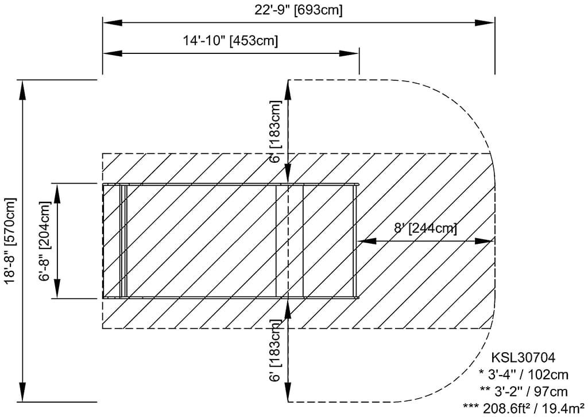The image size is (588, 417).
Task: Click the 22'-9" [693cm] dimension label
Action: (x=299, y=10)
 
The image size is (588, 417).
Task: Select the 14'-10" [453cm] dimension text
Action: (x=230, y=40)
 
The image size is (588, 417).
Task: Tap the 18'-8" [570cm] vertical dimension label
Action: (x=11, y=241)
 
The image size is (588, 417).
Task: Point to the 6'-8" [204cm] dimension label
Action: (x=45, y=241)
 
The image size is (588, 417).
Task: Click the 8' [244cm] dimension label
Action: (x=425, y=228)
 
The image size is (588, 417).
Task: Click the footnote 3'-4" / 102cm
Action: (x=524, y=375)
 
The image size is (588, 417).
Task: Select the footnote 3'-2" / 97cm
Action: (x=524, y=392)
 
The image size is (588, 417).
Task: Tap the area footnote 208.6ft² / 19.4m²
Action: (x=524, y=408)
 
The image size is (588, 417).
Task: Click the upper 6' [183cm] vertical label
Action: (x=275, y=131)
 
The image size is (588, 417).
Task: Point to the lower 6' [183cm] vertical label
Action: (x=275, y=350)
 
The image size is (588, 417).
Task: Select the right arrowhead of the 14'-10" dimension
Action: (x=349, y=53)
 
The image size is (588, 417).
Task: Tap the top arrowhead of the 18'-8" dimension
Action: (x=23, y=90)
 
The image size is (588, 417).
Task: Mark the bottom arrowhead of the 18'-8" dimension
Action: (x=23, y=392)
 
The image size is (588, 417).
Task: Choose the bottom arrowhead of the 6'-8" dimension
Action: (x=57, y=289)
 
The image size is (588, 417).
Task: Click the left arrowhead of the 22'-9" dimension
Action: (x=113, y=22)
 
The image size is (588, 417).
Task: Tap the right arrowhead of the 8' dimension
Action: (x=483, y=241)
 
